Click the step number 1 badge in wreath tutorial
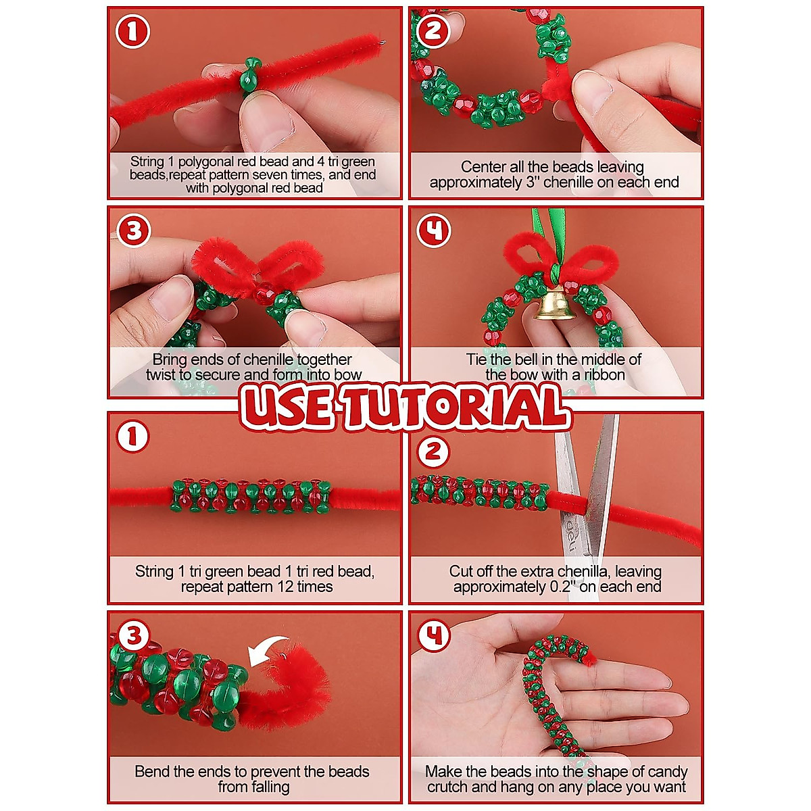tap(133, 32)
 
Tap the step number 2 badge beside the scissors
tap(433, 451)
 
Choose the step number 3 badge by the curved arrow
tap(133, 635)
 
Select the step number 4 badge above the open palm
tap(433, 635)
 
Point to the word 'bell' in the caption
tap(537, 360)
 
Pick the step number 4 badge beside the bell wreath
tap(433, 232)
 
